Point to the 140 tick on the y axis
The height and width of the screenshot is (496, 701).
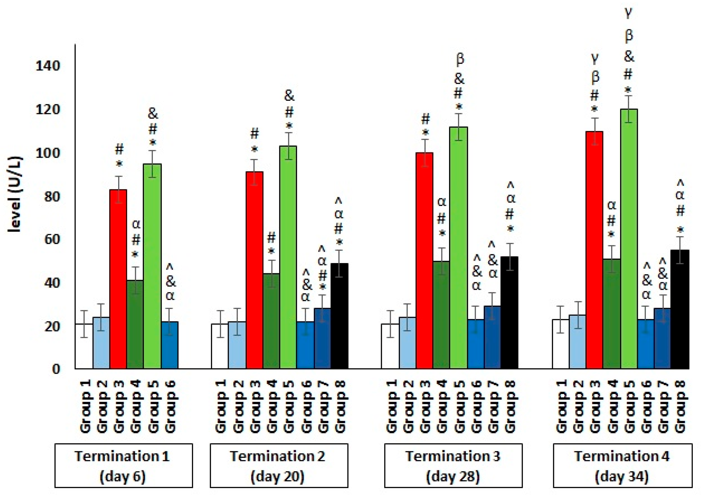48,66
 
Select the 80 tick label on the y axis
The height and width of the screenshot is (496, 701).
52,196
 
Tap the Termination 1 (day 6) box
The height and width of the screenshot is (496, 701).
123,465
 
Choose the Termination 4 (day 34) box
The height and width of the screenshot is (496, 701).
622,465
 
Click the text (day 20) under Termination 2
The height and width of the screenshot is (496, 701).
278,476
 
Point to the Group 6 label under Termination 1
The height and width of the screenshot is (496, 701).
170,406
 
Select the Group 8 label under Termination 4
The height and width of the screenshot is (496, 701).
680,406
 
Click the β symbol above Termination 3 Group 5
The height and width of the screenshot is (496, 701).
460,59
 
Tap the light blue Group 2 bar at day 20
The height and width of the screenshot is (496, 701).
237,345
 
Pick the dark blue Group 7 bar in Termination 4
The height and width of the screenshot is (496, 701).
662,338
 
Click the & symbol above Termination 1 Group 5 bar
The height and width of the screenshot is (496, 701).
153,114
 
